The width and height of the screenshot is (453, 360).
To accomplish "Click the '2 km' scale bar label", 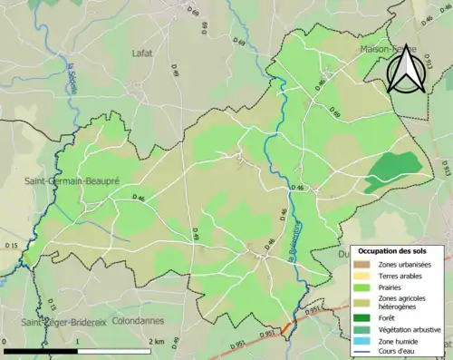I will point(159,342).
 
